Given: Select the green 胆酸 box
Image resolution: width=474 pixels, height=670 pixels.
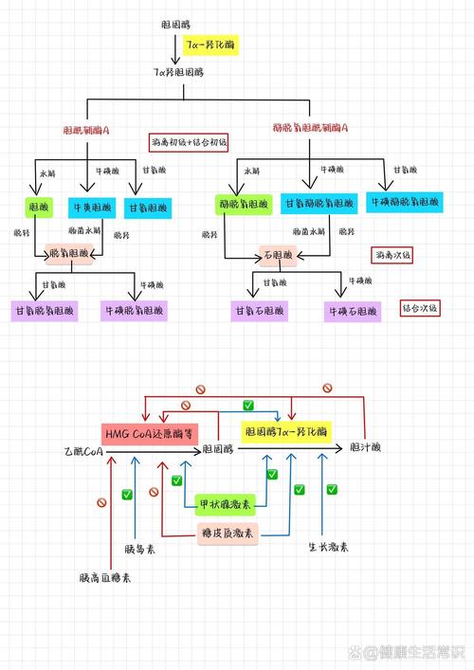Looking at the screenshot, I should (x=39, y=206).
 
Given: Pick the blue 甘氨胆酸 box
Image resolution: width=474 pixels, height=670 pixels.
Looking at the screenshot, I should (x=147, y=206).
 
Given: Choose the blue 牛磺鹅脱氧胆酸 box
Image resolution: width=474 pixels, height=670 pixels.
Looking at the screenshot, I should (x=404, y=203).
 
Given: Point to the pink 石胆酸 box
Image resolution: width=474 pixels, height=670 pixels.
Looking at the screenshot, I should (x=282, y=255).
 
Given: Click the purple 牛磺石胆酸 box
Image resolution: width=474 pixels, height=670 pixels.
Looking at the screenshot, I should (x=351, y=310).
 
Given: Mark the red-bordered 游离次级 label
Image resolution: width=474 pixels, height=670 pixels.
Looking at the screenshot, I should (x=392, y=255).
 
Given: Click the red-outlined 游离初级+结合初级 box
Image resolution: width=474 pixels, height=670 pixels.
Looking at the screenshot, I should (x=189, y=142).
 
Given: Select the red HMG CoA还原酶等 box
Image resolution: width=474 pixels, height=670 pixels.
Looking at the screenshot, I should (x=149, y=432).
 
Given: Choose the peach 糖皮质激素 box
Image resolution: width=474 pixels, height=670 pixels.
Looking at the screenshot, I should (x=228, y=533).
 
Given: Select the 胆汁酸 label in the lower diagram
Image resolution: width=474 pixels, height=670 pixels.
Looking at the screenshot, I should (x=365, y=446).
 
